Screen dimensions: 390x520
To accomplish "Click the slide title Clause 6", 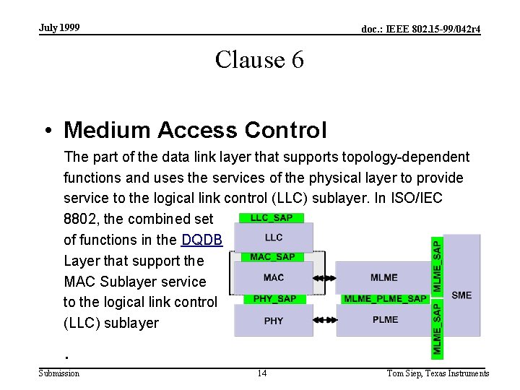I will [259, 60].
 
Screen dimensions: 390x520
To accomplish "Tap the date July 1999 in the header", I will [59, 28].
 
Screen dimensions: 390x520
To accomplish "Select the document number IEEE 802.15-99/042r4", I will [420, 29].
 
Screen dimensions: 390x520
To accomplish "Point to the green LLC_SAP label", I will [271, 217].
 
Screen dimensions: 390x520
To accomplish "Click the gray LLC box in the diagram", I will [274, 238].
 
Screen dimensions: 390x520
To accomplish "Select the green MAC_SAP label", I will [272, 257].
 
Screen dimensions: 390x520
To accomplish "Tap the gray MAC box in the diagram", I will [274, 277].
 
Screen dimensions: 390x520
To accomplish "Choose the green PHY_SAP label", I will [275, 299].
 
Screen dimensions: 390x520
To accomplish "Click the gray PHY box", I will [274, 321].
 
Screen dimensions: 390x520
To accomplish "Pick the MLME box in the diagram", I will [383, 277].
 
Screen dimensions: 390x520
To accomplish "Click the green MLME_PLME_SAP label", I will [385, 299].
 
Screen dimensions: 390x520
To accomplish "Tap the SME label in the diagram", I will [461, 295].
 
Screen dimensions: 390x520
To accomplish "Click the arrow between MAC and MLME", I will [326, 278].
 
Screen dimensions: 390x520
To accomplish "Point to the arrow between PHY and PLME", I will [326, 318].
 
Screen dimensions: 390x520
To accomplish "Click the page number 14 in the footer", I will [261, 373].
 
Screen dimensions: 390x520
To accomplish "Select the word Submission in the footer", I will [59, 373].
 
